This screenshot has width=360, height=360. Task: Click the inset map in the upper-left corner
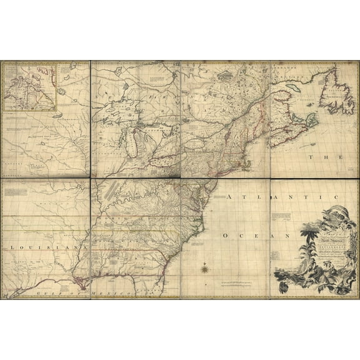point(31,86)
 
